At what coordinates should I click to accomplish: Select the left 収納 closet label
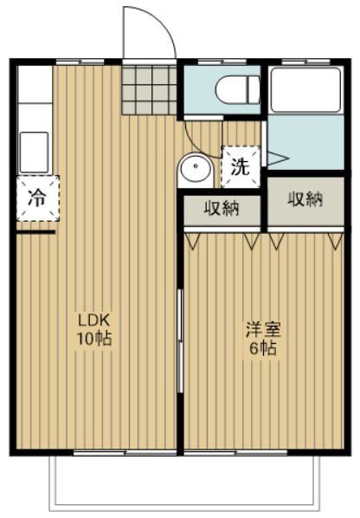pyautogui.click(x=221, y=208)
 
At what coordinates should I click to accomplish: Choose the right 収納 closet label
pyautogui.click(x=305, y=200)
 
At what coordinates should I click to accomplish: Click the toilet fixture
pyautogui.click(x=236, y=88)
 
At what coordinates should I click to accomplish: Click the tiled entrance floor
pyautogui.click(x=148, y=89)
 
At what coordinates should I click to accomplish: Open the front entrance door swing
pyautogui.click(x=147, y=35)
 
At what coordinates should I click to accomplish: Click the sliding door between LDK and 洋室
pyautogui.click(x=180, y=342)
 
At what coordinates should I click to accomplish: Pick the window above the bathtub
pyautogui.click(x=305, y=61)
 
